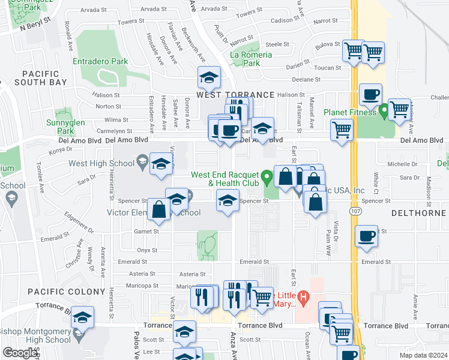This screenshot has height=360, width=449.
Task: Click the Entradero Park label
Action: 100,61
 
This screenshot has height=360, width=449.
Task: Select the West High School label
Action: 101,163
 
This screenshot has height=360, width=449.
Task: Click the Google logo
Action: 20,353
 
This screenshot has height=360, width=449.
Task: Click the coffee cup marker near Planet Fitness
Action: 371,94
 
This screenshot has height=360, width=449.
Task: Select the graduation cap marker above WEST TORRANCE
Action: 209,77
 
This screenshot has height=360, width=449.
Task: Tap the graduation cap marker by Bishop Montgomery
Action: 83,316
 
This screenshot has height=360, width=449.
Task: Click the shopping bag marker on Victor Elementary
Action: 159,209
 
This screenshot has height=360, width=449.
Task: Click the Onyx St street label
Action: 146,250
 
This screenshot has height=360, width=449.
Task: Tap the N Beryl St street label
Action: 35,27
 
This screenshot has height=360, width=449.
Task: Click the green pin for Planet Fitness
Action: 384,112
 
